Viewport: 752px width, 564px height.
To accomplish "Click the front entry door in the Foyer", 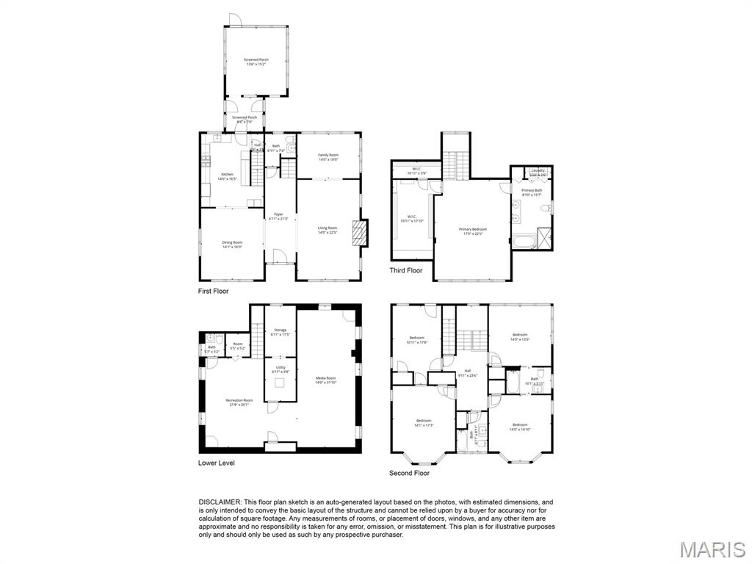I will pos(279,257).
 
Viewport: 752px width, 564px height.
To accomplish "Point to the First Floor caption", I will pos(213,292).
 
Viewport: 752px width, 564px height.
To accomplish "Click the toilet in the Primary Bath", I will pos(546,209).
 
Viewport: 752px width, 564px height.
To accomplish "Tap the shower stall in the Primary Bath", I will pos(545,239).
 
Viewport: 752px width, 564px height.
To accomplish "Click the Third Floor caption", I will pos(406,271).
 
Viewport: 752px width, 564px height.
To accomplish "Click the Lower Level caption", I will pos(217,463).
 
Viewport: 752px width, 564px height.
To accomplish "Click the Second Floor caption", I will pos(409,474).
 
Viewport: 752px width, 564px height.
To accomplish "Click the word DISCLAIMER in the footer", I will pos(220,502).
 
